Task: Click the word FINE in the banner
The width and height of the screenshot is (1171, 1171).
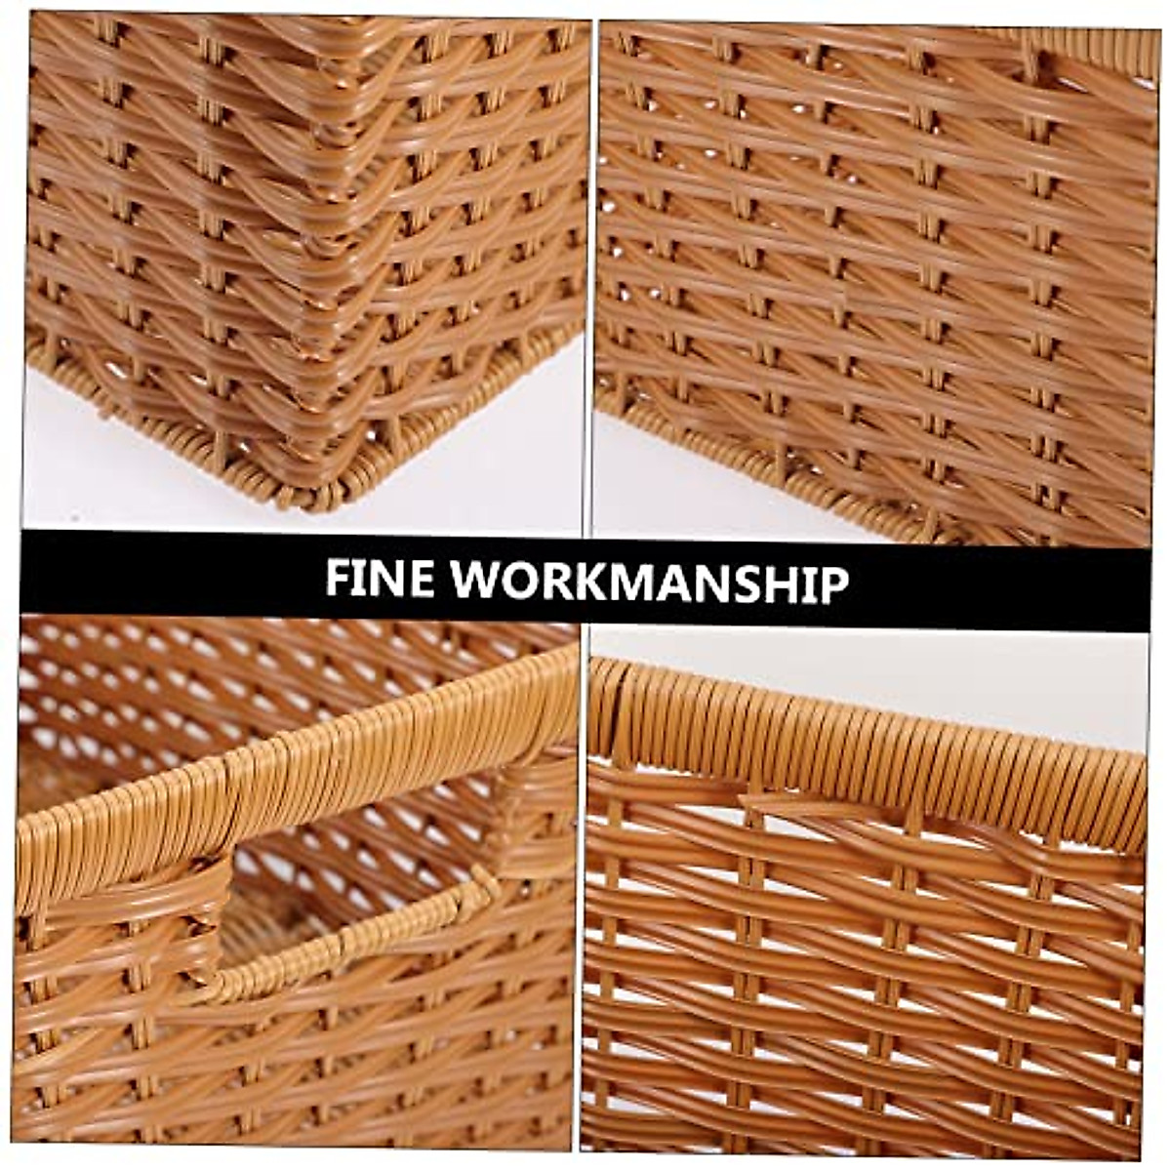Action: pos(379,580)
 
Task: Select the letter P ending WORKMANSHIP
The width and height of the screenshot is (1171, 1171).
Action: pos(831,582)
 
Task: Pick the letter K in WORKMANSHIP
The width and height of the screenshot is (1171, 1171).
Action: pos(589,581)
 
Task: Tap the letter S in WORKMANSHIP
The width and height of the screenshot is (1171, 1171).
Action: pos(746,582)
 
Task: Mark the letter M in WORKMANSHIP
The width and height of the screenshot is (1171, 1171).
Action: pos(637,581)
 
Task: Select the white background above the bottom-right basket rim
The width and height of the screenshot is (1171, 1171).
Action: pos(878,673)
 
